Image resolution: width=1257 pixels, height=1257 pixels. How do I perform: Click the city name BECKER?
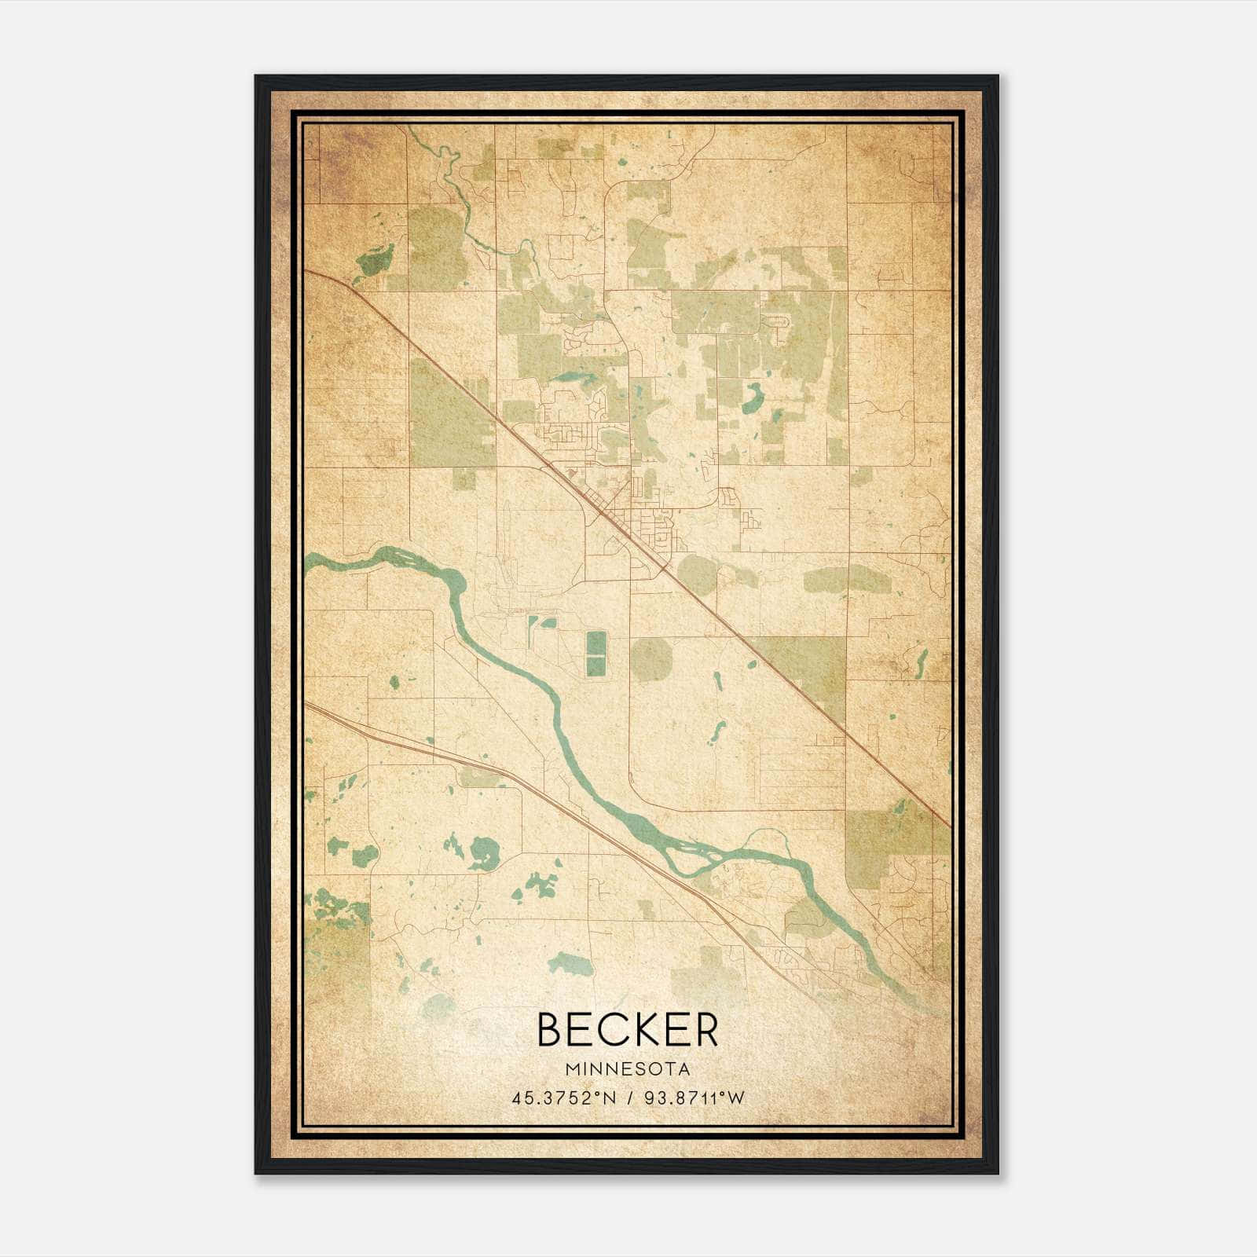coord(628,1030)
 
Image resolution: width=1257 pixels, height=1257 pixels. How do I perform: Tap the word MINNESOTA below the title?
coord(628,1069)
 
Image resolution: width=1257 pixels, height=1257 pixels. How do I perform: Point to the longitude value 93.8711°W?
coord(694,1098)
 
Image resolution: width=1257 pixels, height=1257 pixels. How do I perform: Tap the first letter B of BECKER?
coord(550,1030)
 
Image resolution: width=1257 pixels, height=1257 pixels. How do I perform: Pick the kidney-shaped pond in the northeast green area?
coord(752,398)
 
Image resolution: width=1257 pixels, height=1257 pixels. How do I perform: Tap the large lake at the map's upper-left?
coord(375,262)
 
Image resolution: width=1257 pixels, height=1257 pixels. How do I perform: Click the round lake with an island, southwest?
coord(484,853)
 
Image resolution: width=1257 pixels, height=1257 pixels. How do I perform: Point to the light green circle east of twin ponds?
coord(650,658)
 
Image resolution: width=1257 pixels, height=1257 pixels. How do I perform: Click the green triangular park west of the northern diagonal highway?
coord(448,416)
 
